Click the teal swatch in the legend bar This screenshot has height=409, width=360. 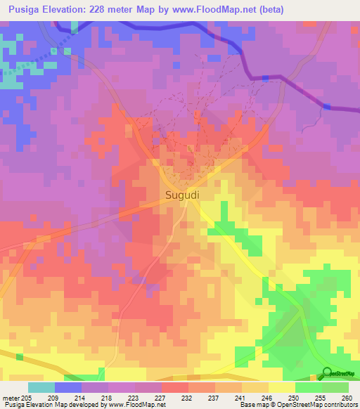pyautogui.click(x=41, y=387)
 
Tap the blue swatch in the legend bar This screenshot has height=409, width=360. pyautogui.click(x=68, y=387)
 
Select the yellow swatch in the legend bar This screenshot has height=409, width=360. pyautogui.click(x=281, y=387)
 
